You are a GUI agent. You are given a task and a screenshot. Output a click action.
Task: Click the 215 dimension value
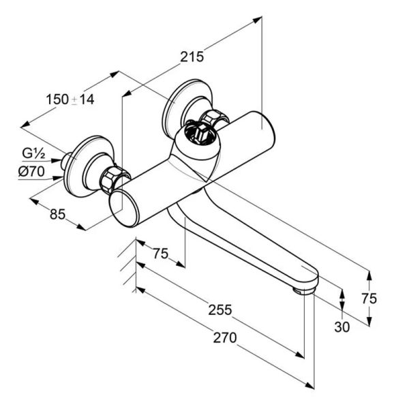[192, 57]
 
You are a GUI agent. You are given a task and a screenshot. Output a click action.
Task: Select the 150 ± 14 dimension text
[70, 100]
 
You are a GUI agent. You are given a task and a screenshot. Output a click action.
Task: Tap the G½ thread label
[33, 153]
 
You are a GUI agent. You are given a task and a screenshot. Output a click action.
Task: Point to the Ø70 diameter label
[31, 171]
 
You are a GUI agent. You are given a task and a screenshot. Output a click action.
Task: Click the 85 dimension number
[57, 215]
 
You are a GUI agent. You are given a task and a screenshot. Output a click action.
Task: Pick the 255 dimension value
[220, 310]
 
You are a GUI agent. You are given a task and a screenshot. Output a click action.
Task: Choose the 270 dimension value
[225, 337]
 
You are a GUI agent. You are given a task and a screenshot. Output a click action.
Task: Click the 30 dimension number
[342, 327]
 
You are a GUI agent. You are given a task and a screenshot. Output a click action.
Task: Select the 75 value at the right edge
[369, 299]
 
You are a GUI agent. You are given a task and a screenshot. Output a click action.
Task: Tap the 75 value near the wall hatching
[160, 254]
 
